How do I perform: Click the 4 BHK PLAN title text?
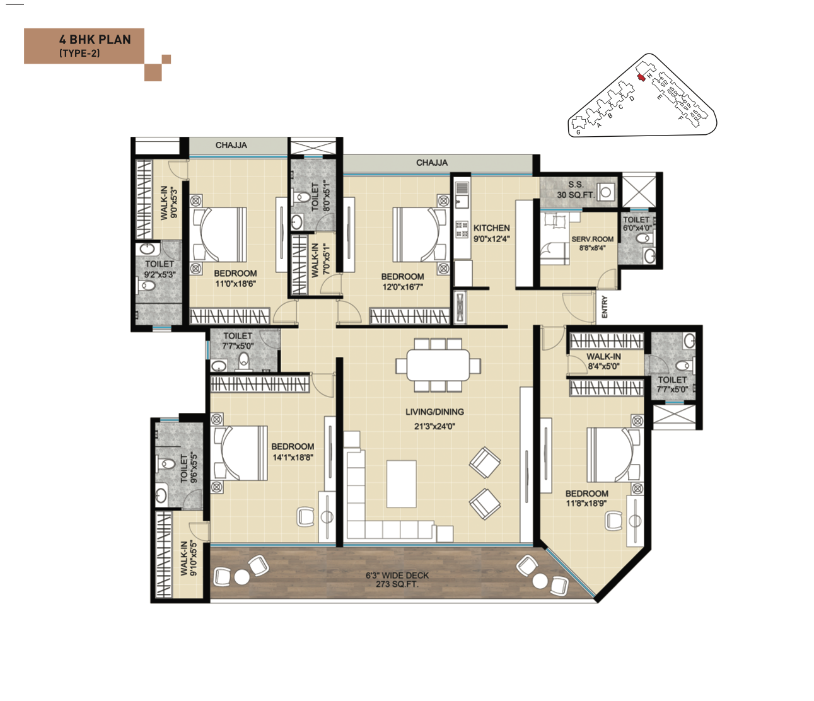pos(95,40)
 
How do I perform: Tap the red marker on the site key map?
pos(641,78)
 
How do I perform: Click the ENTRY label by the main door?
pos(605,307)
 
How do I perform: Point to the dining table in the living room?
pos(438,365)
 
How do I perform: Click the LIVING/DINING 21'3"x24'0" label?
pos(434,419)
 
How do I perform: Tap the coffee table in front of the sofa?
pos(402,484)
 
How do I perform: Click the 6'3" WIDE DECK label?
pos(397,579)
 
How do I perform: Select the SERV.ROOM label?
pos(592,243)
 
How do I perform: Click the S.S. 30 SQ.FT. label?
pos(575,190)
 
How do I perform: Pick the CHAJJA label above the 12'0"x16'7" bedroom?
pos(432,163)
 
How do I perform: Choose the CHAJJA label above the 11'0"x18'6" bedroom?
pos(231,146)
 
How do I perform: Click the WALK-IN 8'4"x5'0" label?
pos(603,361)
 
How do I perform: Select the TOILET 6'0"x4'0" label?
pos(637,224)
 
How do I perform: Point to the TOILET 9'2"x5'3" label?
pos(160,269)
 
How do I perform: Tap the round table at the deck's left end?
pos(242,576)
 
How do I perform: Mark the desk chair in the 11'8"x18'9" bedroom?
pos(613,521)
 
